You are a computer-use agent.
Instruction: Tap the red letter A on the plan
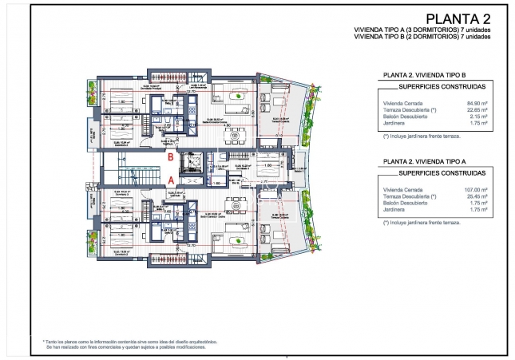point(170,181)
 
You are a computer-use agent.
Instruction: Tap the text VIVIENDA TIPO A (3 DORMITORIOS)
point(398,30)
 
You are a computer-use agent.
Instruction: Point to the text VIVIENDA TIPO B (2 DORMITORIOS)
point(398,36)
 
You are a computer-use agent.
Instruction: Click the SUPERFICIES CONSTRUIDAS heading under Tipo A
point(432,172)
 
